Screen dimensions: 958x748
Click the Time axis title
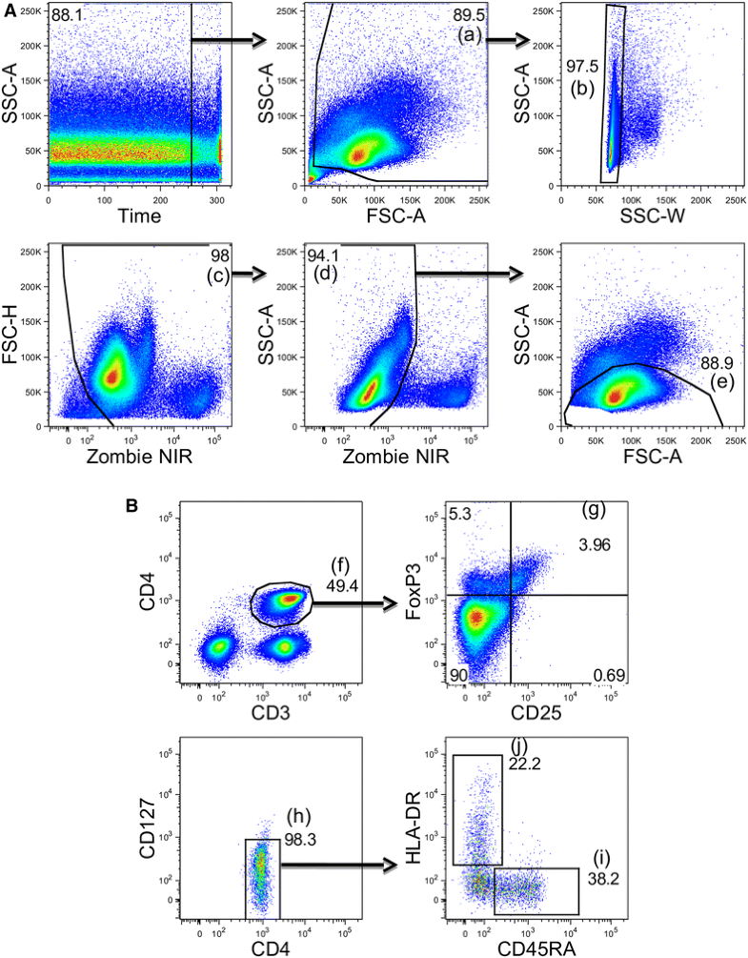pyautogui.click(x=139, y=218)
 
